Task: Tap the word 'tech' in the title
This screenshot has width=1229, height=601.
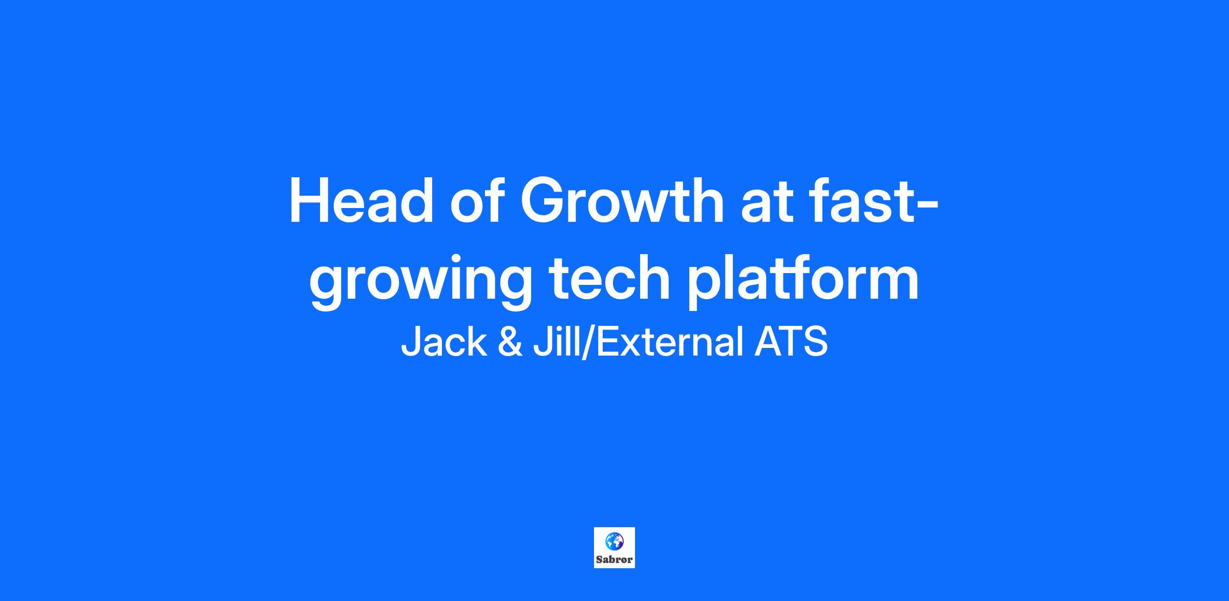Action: click(x=609, y=278)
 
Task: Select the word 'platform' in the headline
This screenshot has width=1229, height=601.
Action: click(x=803, y=281)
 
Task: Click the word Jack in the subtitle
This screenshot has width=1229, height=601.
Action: click(x=443, y=342)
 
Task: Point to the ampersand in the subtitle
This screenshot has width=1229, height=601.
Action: click(x=510, y=342)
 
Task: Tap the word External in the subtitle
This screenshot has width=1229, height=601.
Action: click(x=670, y=342)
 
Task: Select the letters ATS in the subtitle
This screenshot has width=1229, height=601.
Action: click(x=791, y=342)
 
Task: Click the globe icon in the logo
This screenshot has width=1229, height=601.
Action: click(x=614, y=541)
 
